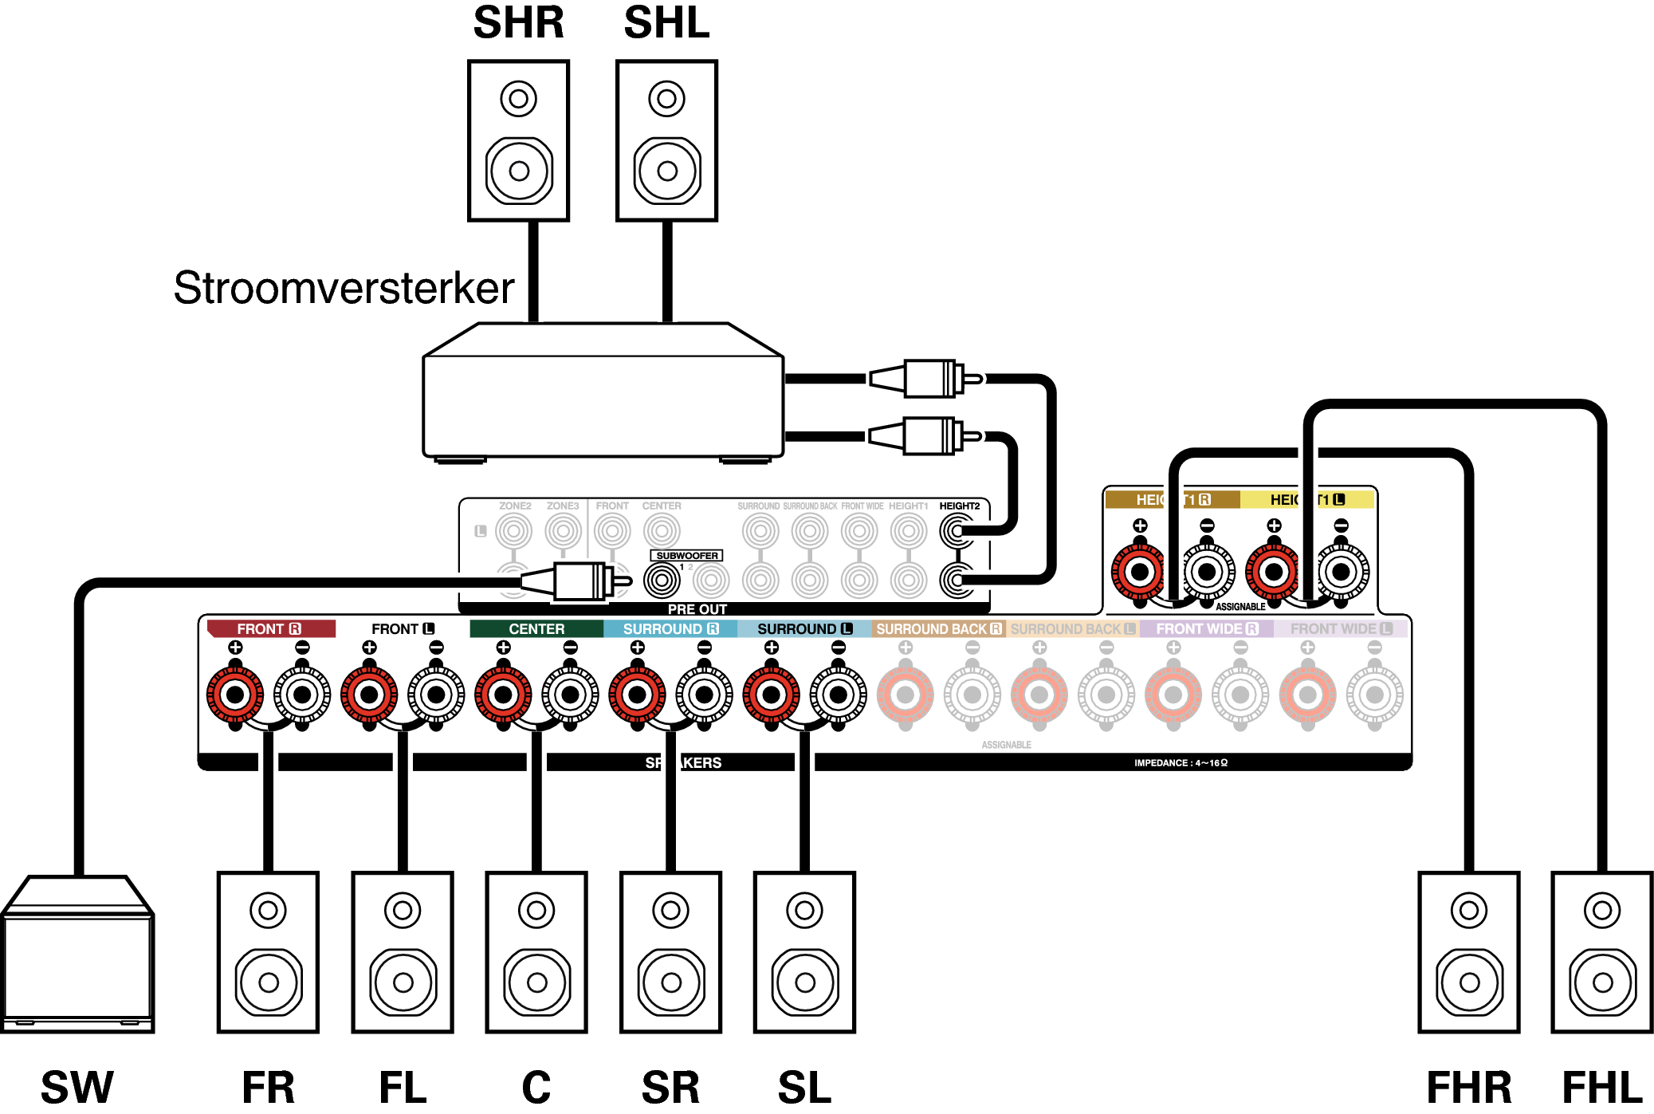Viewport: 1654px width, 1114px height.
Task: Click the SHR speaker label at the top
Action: click(518, 22)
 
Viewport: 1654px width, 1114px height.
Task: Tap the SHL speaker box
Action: click(666, 140)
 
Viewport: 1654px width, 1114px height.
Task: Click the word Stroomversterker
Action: click(344, 288)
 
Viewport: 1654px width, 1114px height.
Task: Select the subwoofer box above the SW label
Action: click(77, 955)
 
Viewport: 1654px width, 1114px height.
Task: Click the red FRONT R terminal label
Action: click(269, 629)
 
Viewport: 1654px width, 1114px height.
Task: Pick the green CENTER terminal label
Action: click(536, 629)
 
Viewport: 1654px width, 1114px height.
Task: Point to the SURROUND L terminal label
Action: click(804, 629)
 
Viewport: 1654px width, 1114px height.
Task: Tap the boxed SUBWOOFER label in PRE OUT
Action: click(687, 556)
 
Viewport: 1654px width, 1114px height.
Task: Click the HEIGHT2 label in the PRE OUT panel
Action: click(959, 506)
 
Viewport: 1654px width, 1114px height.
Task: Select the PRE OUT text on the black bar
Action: click(697, 609)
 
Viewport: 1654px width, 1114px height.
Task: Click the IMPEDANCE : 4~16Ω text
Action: click(1181, 763)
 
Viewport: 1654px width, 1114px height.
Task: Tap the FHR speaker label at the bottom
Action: click(1468, 1087)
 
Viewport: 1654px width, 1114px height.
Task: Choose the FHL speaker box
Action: click(1602, 952)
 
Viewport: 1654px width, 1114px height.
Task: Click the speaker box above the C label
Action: click(536, 952)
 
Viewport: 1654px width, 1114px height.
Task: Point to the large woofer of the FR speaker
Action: click(269, 982)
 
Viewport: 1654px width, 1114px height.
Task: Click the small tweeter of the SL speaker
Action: click(804, 910)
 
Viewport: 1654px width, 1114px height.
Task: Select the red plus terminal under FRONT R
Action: click(235, 695)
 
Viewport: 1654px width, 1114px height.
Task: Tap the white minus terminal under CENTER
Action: click(570, 695)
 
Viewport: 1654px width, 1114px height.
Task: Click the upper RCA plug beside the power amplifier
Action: click(925, 379)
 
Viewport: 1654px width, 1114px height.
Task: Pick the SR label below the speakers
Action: click(670, 1087)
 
